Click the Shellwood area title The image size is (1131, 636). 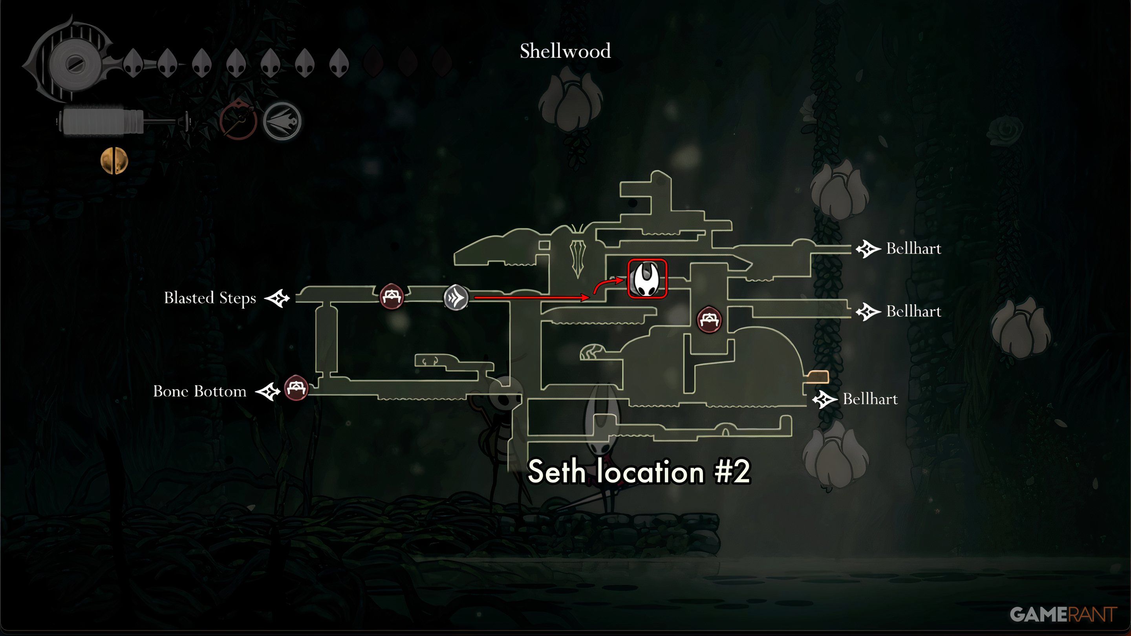click(x=565, y=51)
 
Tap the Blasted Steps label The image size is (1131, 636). click(x=210, y=298)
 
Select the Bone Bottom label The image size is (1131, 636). click(x=200, y=391)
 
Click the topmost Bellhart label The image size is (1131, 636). click(x=914, y=249)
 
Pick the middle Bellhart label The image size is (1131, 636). click(x=914, y=311)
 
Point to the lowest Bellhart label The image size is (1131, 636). click(x=870, y=399)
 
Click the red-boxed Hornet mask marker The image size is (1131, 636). click(x=647, y=279)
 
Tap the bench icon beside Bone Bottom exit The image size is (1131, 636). click(x=296, y=388)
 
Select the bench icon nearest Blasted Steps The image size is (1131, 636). click(x=391, y=296)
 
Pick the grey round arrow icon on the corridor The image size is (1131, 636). click(x=456, y=298)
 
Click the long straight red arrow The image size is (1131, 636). click(x=532, y=298)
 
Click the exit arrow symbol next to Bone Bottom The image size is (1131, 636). click(x=268, y=391)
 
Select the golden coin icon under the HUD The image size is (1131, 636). click(x=114, y=161)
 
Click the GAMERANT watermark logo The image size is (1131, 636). click(x=1063, y=614)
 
